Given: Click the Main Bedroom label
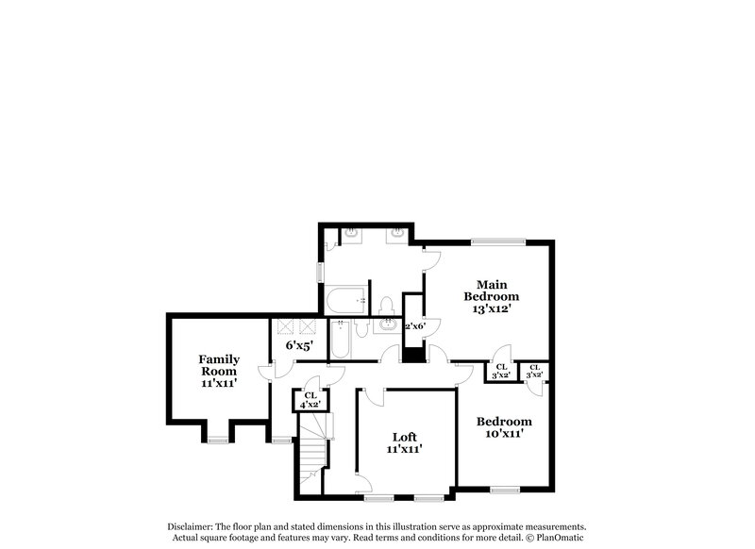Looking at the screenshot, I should point(492,295).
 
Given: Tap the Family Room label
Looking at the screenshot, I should point(218,371).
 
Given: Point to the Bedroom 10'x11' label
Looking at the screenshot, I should point(503,427).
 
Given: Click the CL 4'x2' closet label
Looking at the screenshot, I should point(310,399).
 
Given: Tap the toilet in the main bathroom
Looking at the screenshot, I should point(385,305).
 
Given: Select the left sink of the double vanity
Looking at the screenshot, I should point(350,232).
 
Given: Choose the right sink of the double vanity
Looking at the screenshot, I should point(400,232).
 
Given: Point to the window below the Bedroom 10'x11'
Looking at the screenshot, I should point(505,489).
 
